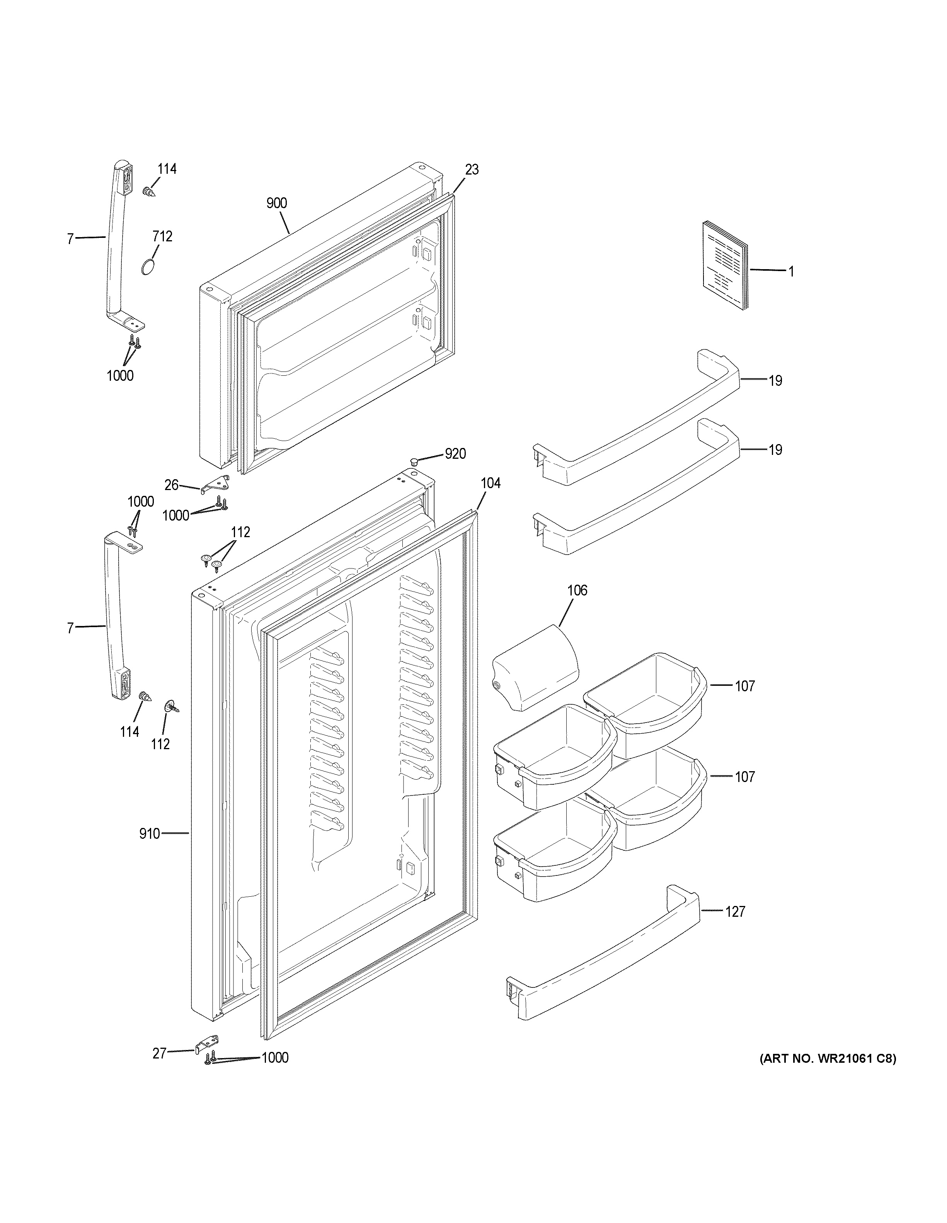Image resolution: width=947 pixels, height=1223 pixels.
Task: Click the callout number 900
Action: [x=276, y=203]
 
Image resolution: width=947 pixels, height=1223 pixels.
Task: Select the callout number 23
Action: [x=472, y=170]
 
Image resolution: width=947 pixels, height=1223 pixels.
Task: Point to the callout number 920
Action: [x=455, y=454]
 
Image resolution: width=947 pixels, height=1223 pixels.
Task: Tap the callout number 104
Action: [x=490, y=483]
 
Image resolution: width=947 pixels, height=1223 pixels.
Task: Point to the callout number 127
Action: [x=735, y=912]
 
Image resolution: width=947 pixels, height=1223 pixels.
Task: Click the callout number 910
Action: [x=150, y=850]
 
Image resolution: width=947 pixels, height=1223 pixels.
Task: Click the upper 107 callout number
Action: [x=745, y=686]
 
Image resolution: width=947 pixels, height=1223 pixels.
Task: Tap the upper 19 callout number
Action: [x=775, y=381]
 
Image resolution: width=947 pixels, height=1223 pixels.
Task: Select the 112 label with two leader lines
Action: [x=240, y=533]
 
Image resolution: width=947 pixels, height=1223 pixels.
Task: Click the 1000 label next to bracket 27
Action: [x=274, y=1058]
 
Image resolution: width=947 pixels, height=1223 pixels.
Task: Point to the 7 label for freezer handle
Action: [x=70, y=239]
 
